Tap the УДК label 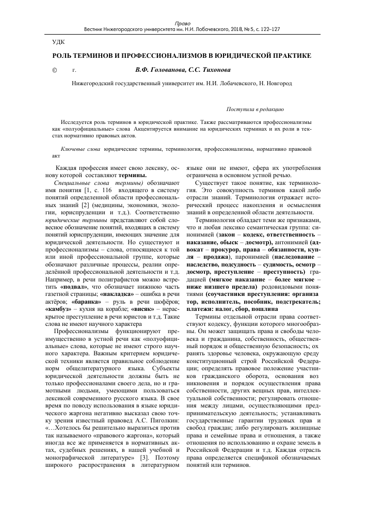(58, 41)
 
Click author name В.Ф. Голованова (154, 69)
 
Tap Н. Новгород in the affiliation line (278, 83)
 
